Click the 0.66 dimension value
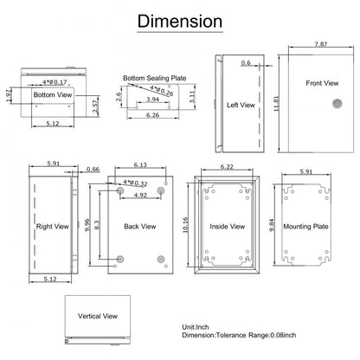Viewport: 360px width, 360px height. [x=93, y=170]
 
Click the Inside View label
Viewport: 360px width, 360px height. [x=227, y=227]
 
